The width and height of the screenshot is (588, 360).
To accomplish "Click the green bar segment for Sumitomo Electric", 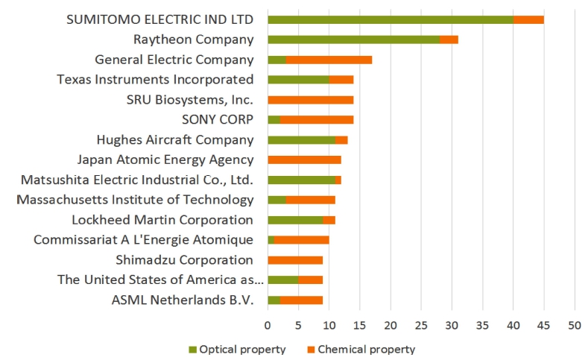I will [x=390, y=19].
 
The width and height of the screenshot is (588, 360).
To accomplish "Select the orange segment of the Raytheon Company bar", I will [x=449, y=40].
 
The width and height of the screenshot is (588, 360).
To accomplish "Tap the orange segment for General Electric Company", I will [x=329, y=60].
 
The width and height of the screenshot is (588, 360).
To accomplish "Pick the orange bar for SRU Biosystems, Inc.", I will [x=310, y=100].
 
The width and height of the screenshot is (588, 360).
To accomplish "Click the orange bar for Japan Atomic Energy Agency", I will [x=304, y=160].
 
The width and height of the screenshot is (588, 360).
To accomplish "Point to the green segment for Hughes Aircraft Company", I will [x=301, y=139].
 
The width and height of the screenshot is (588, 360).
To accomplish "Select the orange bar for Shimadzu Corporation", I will [x=295, y=260].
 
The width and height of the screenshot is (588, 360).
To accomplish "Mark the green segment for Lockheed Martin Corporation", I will [x=295, y=220].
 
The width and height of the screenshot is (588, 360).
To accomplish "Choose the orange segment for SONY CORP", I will [x=317, y=119].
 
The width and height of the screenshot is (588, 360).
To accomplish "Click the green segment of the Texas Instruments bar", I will [x=298, y=80].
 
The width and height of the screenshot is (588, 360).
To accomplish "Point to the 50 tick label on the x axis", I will [x=574, y=325].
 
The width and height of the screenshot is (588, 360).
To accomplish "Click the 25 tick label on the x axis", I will [x=421, y=325].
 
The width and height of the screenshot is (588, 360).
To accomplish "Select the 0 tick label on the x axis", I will [x=268, y=325].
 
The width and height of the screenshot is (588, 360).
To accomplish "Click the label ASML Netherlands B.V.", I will [x=183, y=300].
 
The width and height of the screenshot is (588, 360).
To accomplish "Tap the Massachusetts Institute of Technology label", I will [x=135, y=200].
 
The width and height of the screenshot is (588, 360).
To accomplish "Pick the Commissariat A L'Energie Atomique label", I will [x=143, y=240].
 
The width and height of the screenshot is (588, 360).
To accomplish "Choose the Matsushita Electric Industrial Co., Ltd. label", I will [x=137, y=180].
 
